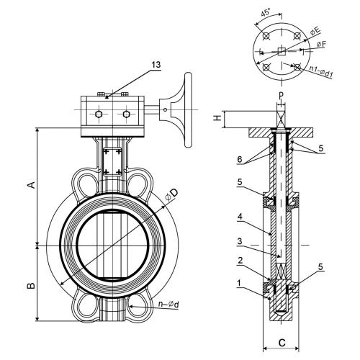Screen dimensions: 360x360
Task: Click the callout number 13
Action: pyautogui.click(x=156, y=65)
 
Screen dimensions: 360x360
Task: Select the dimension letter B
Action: pyautogui.click(x=31, y=286)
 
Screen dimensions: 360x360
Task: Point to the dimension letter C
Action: pyautogui.click(x=282, y=343)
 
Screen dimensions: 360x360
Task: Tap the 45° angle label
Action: pyautogui.click(x=266, y=12)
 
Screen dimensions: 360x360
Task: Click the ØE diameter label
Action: pyautogui.click(x=315, y=31)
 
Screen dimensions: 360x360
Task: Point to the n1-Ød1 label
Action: pyautogui.click(x=320, y=71)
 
